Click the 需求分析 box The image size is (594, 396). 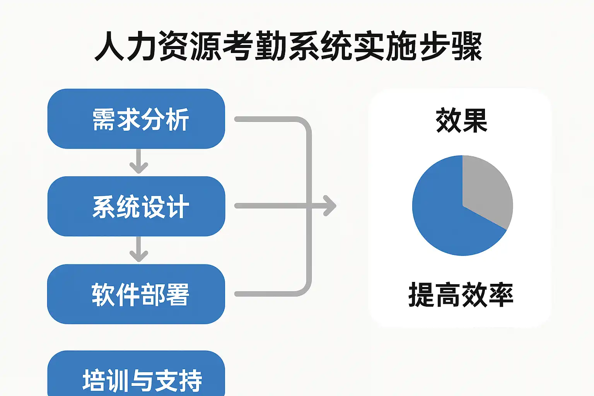click(x=136, y=119)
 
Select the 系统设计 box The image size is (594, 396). click(x=136, y=207)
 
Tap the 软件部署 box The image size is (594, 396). click(x=136, y=294)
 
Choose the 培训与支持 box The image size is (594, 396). click(x=136, y=374)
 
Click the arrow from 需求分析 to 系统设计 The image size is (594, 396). click(x=139, y=161)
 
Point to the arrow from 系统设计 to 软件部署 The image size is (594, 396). click(x=139, y=249)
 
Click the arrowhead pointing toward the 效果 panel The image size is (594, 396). click(x=330, y=206)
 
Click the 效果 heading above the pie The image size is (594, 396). click(x=461, y=120)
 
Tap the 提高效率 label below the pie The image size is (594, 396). click(x=461, y=295)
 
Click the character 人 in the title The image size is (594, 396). click(x=109, y=46)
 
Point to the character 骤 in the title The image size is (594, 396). click(x=467, y=46)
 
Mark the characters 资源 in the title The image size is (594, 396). click(x=190, y=46)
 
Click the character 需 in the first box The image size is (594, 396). click(x=103, y=119)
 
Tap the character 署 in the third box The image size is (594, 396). click(x=177, y=295)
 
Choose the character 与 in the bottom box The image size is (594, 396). click(x=142, y=381)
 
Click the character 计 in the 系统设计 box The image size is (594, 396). click(x=177, y=207)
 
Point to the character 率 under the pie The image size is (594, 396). click(x=501, y=295)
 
